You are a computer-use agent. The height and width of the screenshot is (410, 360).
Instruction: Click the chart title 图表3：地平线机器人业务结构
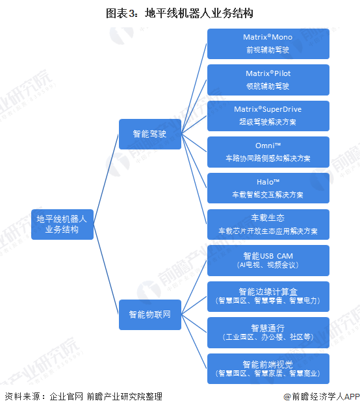click(179, 14)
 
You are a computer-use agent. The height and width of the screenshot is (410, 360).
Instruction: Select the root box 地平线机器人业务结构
click(62, 224)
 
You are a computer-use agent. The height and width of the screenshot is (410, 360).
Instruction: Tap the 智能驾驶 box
click(150, 134)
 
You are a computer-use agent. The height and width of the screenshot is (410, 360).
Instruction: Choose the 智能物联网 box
click(150, 314)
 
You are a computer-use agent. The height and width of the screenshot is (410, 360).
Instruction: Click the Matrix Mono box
click(268, 44)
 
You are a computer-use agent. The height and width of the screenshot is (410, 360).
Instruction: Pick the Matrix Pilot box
click(268, 80)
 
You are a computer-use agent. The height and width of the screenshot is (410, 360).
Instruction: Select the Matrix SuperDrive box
click(268, 116)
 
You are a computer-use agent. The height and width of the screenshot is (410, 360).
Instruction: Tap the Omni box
click(268, 152)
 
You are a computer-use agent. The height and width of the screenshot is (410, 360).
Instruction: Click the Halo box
click(268, 188)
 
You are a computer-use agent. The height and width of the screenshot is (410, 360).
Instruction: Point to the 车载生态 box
click(268, 224)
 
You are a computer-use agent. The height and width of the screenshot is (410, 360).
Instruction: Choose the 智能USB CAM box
click(268, 261)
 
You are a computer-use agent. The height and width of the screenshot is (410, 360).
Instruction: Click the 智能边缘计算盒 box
click(268, 296)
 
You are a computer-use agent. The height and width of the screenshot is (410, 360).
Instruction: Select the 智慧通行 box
click(268, 333)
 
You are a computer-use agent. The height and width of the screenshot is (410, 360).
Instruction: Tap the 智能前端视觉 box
click(268, 368)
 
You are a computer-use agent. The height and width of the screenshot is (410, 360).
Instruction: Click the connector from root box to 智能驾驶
click(106, 179)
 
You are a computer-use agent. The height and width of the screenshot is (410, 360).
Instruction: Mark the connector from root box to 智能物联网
click(106, 269)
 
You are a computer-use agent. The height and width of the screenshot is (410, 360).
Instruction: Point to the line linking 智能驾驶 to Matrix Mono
click(194, 89)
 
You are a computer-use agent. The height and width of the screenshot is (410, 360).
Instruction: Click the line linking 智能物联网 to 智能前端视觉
click(194, 342)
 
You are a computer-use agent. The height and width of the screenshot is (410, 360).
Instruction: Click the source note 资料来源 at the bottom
click(84, 396)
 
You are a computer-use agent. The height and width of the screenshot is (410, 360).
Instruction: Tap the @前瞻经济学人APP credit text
click(322, 396)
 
